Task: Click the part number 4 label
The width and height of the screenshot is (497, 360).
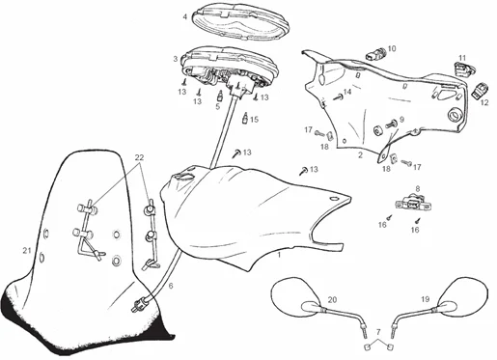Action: click(x=185, y=16)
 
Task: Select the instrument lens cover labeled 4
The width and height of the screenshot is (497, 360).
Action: click(x=241, y=22)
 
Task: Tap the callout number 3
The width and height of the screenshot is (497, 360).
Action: click(x=176, y=59)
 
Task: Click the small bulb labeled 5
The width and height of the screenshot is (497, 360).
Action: click(x=221, y=96)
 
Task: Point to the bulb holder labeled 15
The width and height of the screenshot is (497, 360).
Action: click(x=245, y=118)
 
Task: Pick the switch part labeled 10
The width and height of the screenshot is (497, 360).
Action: click(x=375, y=53)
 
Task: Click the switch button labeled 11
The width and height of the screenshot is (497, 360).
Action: click(x=464, y=69)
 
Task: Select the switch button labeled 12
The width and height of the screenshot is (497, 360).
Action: click(x=480, y=90)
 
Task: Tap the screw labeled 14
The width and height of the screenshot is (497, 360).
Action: click(x=338, y=97)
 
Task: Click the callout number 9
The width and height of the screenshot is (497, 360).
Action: click(x=401, y=120)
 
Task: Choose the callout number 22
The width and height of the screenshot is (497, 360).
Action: click(x=139, y=157)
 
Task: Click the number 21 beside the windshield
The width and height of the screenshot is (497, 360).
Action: click(x=27, y=250)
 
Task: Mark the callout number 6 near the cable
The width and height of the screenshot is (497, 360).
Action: click(x=171, y=286)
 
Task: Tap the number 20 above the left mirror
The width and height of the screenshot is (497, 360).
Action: click(x=332, y=300)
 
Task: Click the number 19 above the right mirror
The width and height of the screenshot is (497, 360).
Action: click(x=426, y=299)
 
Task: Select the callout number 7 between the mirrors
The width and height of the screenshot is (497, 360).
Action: click(x=378, y=331)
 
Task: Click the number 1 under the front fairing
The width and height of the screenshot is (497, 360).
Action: click(x=279, y=255)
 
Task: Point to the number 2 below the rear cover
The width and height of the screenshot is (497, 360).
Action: click(x=360, y=155)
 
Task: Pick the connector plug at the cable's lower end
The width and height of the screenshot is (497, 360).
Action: click(x=140, y=304)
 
